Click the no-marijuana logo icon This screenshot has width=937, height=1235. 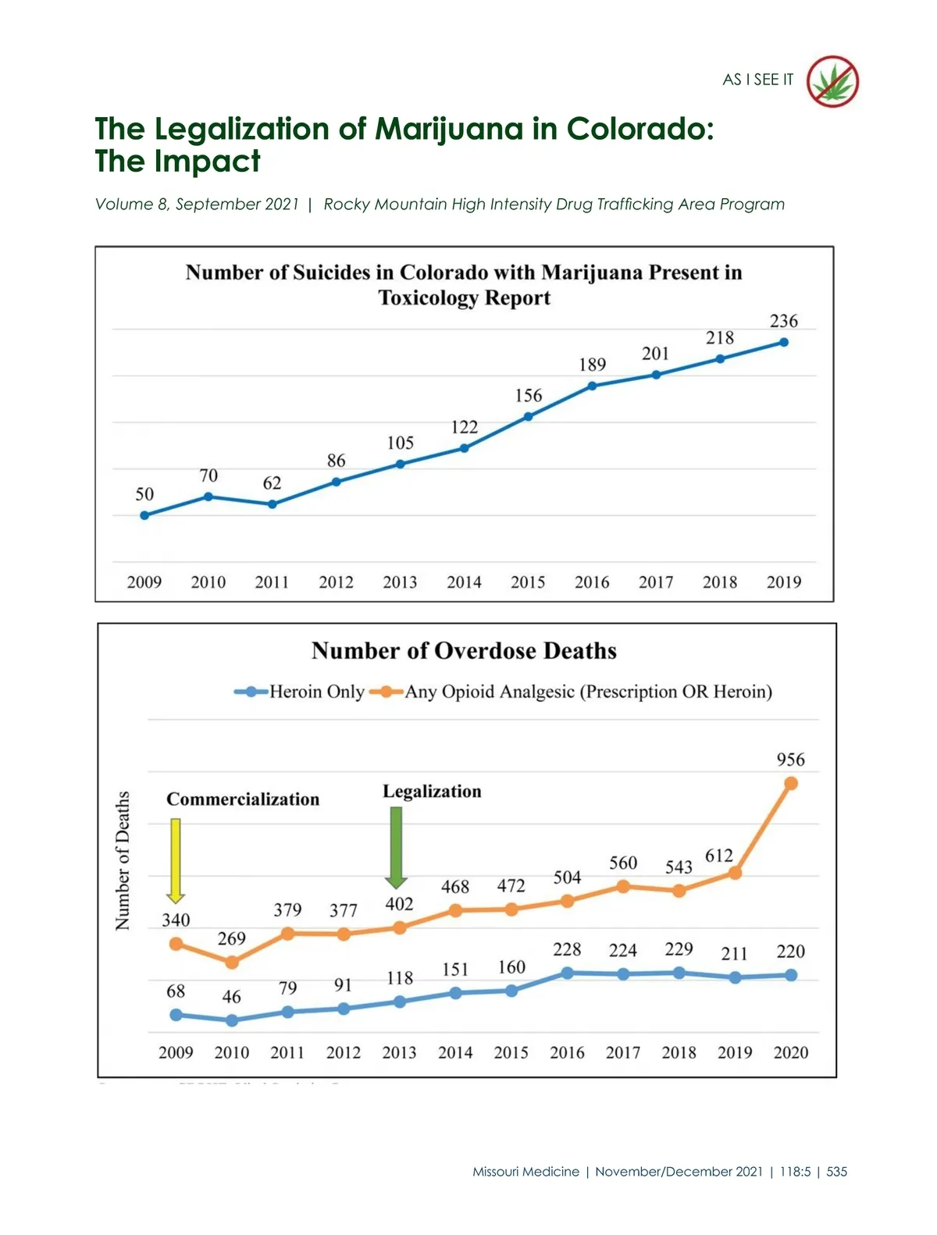coord(832,81)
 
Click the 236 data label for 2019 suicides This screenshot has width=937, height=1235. coord(783,321)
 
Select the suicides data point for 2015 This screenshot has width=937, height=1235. coord(528,416)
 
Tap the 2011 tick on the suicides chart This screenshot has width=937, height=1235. coord(272,582)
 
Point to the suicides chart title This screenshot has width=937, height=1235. coord(464,285)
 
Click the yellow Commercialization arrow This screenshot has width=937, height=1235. coord(176,860)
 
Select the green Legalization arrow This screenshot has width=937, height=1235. coord(396,846)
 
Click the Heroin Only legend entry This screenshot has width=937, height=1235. coord(300,692)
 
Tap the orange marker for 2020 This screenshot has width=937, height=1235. coord(790,783)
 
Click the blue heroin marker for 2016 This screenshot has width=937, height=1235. coord(567,973)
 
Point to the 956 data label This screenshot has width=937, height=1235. coord(790,760)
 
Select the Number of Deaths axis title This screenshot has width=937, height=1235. coord(123,860)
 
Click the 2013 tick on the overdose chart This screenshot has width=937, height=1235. coord(399,1052)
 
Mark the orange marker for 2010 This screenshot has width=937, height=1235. coord(232,963)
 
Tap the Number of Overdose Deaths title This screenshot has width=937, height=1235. coord(464,651)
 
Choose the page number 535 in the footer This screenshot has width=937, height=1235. coord(836,1171)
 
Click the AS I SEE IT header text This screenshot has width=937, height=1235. coord(757,80)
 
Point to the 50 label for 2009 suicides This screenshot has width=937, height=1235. coord(144,494)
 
